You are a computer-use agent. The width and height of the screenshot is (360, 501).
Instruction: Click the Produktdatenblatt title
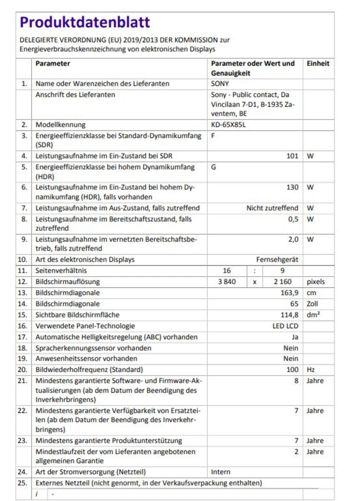[x=84, y=22]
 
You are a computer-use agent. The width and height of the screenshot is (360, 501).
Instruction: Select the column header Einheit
[x=318, y=64]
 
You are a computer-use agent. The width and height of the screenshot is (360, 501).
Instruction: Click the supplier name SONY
[x=220, y=84]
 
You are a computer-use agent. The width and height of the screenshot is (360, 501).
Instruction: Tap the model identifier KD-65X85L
[x=228, y=124]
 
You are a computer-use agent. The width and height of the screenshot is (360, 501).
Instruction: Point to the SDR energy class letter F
[x=213, y=135]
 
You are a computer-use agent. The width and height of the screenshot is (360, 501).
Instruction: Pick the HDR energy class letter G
[x=214, y=166]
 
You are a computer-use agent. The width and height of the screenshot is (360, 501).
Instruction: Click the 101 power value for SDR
[x=292, y=156]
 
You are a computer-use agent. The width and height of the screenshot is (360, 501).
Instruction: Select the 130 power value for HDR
[x=292, y=187]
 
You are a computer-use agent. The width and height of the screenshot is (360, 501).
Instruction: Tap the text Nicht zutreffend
[x=272, y=208]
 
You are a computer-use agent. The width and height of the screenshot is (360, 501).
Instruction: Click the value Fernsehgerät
[x=277, y=260]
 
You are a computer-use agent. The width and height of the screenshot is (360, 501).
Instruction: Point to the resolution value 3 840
[x=226, y=282]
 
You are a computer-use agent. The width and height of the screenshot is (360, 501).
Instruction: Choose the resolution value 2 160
[x=282, y=282]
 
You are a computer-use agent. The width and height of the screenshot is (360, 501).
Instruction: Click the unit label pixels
[x=316, y=282]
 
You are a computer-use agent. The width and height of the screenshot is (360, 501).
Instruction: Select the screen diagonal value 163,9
[x=290, y=293]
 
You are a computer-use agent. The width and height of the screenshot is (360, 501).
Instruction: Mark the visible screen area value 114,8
[x=290, y=315]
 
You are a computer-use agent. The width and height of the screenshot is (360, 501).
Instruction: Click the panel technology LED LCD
[x=285, y=326]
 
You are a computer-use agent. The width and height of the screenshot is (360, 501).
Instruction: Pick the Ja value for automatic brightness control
[x=295, y=337]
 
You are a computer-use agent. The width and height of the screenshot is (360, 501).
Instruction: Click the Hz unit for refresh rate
[x=310, y=370]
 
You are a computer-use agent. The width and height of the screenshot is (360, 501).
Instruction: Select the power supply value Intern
[x=221, y=472]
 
